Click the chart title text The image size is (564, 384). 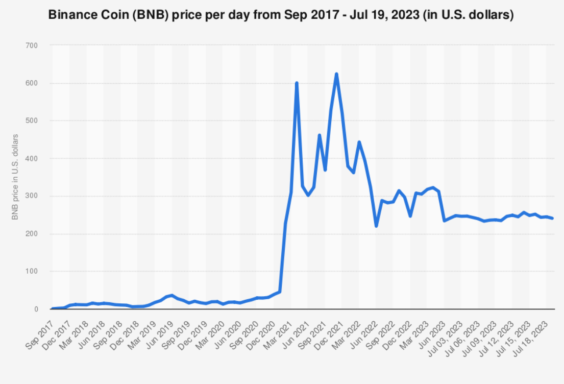coord(281,16)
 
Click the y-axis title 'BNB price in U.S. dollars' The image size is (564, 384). coord(15,177)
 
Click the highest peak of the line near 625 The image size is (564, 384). coord(336,74)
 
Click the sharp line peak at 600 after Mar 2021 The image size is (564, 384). coord(297,83)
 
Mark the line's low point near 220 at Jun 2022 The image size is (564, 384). coord(376,226)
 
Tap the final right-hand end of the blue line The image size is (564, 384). coord(553,218)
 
